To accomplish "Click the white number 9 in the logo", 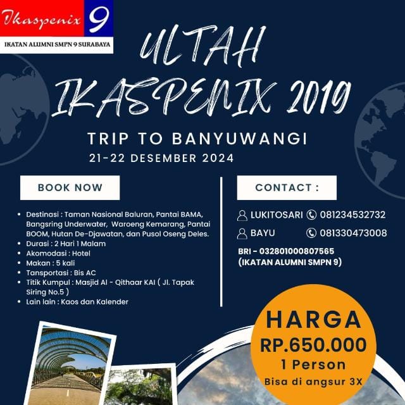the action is [99, 20].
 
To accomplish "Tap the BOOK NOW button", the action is [70, 187].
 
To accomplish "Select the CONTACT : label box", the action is [287, 187].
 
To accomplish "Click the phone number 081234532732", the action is [352, 215].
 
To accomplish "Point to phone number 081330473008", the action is [353, 233].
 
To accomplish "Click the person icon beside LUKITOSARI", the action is [242, 215].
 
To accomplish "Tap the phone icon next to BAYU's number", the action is [311, 233].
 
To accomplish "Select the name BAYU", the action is [263, 233].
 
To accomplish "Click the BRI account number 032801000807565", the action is [297, 251].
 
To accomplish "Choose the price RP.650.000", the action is [313, 345].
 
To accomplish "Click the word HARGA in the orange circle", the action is [313, 320].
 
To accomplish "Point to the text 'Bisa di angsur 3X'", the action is [313, 382].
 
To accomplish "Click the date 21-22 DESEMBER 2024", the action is [161, 158].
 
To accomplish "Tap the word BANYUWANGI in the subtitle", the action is [239, 139].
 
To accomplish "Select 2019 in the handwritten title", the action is [318, 97].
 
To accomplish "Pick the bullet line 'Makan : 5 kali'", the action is [51, 263].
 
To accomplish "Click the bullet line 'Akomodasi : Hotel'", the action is [58, 253].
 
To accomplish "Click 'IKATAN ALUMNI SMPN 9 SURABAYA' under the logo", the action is [57, 44].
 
